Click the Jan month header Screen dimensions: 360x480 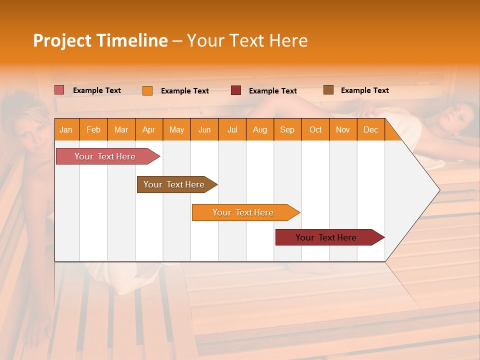pyautogui.click(x=66, y=129)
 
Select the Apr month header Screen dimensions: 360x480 pyautogui.click(x=149, y=129)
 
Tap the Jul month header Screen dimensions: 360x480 pyautogui.click(x=232, y=129)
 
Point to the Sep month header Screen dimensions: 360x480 pyautogui.click(x=287, y=129)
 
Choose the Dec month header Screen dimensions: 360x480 pyautogui.click(x=370, y=129)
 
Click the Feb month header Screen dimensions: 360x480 pyautogui.click(x=93, y=129)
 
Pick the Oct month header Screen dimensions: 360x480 pyautogui.click(x=315, y=129)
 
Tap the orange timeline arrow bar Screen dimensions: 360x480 pyautogui.click(x=243, y=212)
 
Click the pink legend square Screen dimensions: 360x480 pyautogui.click(x=59, y=90)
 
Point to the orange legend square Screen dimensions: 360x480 pyautogui.click(x=147, y=90)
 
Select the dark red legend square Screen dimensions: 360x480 pyautogui.click(x=236, y=90)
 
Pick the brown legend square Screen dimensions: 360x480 pyautogui.click(x=328, y=90)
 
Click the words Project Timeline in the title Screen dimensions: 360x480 pyautogui.click(x=100, y=40)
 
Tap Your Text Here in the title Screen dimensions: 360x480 pyautogui.click(x=247, y=40)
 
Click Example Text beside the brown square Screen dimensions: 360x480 pyautogui.click(x=364, y=90)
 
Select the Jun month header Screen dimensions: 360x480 pyautogui.click(x=204, y=129)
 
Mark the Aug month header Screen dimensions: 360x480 pyautogui.click(x=260, y=129)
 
